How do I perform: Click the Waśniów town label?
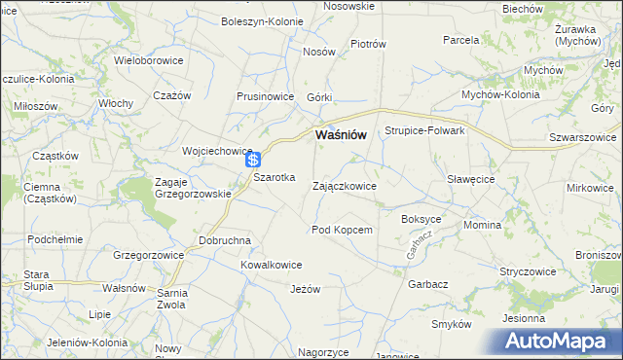tap(340, 135)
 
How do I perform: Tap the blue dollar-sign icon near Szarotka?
tap(253, 160)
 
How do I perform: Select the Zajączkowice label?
tap(345, 185)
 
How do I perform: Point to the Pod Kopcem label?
tap(342, 230)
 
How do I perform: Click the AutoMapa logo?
tap(559, 342)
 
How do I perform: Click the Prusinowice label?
tap(266, 97)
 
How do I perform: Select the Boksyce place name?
tap(421, 219)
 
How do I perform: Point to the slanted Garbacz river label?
tap(420, 247)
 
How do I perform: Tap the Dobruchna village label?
tap(225, 239)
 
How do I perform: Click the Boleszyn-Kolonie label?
tap(261, 21)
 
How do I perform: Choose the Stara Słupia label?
tap(37, 280)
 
